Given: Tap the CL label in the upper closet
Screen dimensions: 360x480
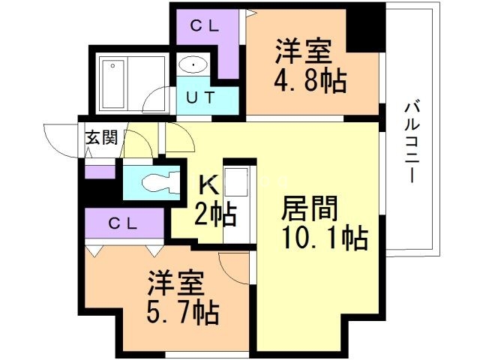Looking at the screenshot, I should point(205,26).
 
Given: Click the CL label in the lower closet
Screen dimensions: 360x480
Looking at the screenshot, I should point(123,223).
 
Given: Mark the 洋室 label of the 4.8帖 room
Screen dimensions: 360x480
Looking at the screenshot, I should point(299,52).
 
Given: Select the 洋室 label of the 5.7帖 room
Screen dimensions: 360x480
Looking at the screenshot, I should point(172,283).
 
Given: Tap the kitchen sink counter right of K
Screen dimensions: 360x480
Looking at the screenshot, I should point(239,199).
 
